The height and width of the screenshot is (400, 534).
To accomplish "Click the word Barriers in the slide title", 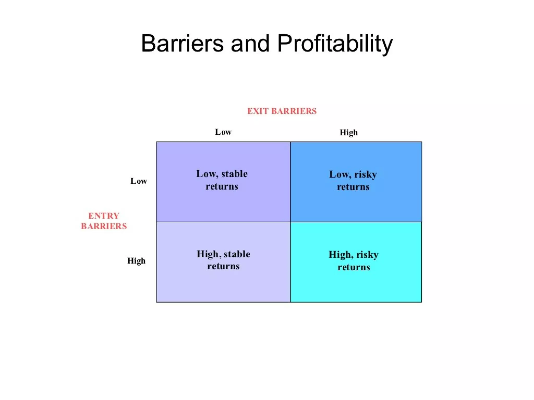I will click(182, 43).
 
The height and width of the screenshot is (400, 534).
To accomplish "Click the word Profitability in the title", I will click(335, 44).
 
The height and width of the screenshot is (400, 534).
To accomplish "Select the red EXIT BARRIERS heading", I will click(282, 111).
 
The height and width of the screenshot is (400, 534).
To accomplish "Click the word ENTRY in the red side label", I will click(104, 216).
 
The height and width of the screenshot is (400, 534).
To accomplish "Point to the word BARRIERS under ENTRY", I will click(104, 226).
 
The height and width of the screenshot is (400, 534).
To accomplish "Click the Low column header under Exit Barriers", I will click(223, 132).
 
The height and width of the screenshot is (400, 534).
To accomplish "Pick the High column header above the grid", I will click(349, 133).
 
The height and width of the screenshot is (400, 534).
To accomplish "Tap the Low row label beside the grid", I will click(139, 181).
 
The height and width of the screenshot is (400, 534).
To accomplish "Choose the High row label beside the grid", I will click(136, 261).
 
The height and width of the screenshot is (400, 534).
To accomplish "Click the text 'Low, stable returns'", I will click(222, 180).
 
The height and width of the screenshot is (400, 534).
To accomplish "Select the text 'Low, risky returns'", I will click(353, 180).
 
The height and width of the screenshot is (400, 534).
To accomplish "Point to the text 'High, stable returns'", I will click(223, 260).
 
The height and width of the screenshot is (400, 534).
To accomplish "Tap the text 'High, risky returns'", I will click(354, 261).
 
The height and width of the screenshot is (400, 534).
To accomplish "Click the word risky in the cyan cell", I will click(367, 255).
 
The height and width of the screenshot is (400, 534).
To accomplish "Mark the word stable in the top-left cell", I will click(234, 174).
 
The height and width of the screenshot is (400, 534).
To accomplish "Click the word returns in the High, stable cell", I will click(223, 266).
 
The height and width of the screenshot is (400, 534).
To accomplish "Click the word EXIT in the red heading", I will click(258, 111).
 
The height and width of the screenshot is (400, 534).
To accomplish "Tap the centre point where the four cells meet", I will click(290, 222).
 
